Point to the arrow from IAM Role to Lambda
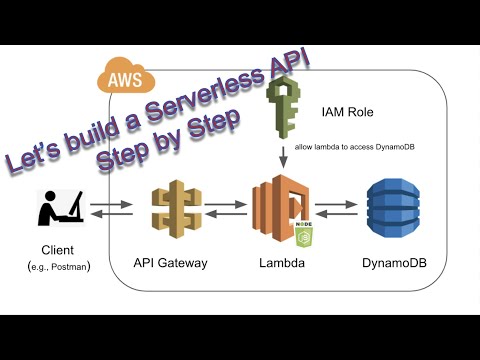pyautogui.click(x=285, y=156)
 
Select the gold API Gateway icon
pyautogui.click(x=175, y=209)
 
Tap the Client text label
pyautogui.click(x=58, y=250)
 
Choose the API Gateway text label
pyautogui.click(x=172, y=263)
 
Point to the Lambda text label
pyautogui.click(x=281, y=263)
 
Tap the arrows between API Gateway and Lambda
pyautogui.click(x=228, y=210)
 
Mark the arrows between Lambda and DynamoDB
pyautogui.click(x=337, y=210)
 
